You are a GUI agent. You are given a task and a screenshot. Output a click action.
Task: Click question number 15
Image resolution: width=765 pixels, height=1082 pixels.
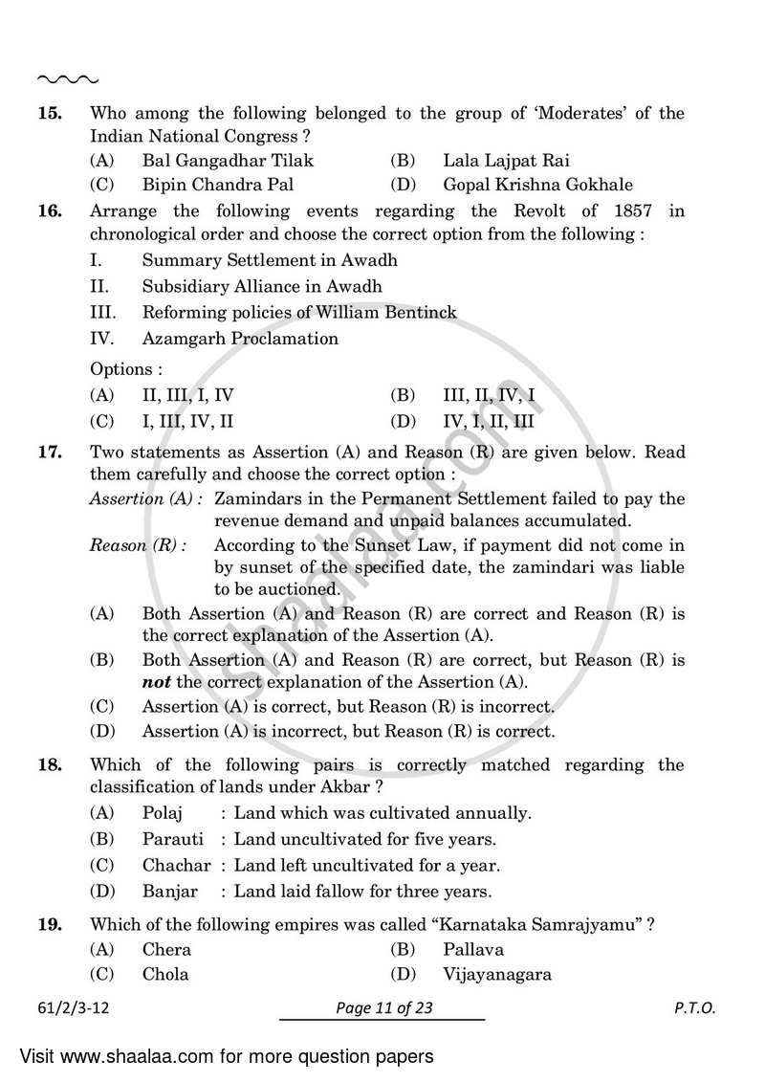[50, 114]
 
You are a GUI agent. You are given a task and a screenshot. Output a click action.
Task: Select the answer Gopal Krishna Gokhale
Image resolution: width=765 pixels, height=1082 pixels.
[536, 185]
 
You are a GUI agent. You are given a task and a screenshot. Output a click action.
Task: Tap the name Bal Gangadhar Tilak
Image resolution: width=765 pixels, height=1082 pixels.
[227, 161]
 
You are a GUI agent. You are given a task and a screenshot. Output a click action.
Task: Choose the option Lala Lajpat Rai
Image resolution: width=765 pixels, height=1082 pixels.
[506, 161]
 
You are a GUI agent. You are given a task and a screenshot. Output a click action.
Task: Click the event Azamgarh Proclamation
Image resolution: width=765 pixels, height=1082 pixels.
[239, 338]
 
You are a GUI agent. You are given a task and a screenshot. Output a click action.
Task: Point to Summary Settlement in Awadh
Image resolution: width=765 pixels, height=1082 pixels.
[270, 260]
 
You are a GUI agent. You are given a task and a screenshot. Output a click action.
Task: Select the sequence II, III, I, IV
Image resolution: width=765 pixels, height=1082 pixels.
[187, 394]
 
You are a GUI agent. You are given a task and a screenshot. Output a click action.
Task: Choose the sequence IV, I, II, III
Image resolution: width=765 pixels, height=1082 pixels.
[489, 420]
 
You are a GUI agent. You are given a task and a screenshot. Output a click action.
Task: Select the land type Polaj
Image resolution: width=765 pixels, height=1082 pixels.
[162, 814]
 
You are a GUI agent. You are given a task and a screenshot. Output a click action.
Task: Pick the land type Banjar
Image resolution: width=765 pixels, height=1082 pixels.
[169, 892]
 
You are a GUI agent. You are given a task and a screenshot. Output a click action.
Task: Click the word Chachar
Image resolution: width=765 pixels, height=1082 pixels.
[176, 866]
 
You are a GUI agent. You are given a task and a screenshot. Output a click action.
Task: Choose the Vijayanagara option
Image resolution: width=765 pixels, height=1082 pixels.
[496, 975]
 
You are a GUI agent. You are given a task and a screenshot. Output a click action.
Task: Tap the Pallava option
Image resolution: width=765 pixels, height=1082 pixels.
[473, 950]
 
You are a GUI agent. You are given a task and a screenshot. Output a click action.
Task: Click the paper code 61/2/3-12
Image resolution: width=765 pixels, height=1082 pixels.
[79, 1008]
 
